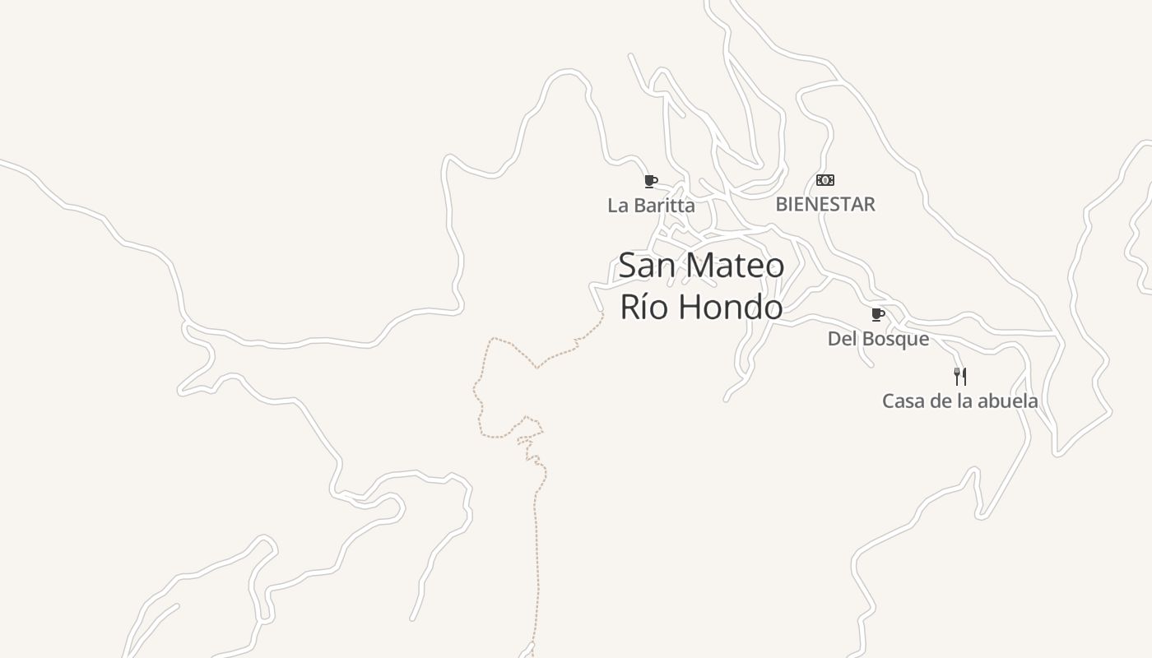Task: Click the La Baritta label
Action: click(651, 206)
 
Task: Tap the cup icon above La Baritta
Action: click(650, 181)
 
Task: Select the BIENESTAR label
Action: click(825, 204)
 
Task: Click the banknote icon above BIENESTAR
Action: click(825, 180)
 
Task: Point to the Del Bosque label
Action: click(878, 339)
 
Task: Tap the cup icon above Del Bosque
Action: click(878, 314)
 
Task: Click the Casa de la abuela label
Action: click(959, 401)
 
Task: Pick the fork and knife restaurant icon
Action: click(959, 377)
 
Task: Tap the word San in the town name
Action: click(647, 266)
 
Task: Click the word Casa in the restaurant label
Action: click(903, 401)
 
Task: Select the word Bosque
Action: click(894, 339)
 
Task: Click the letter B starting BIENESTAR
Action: click(782, 204)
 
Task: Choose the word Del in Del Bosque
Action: click(840, 339)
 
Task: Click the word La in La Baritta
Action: click(617, 206)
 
